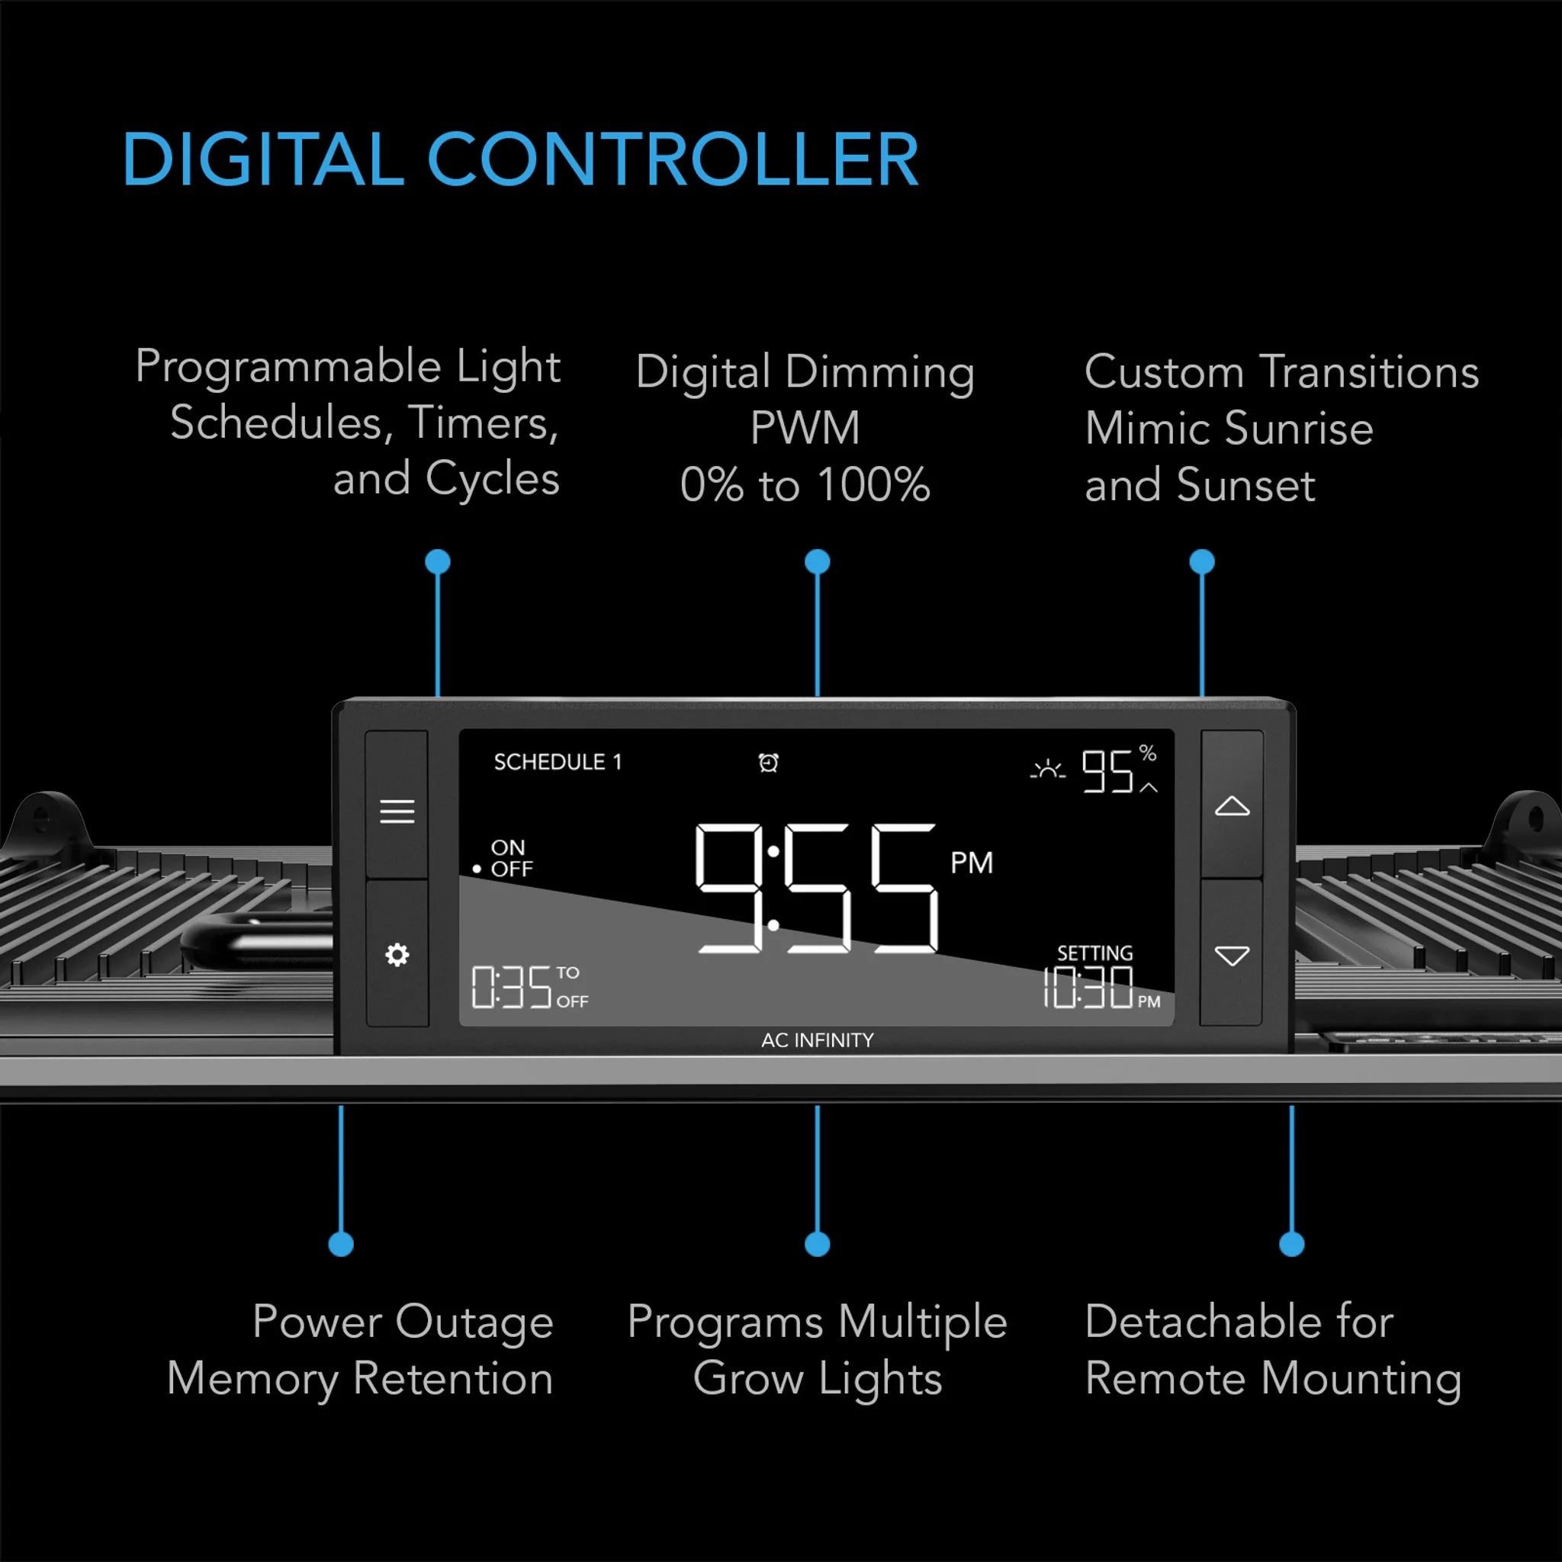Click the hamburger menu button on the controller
(x=397, y=811)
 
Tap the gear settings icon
(x=397, y=955)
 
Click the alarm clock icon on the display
(x=769, y=763)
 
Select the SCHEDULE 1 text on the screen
(x=558, y=762)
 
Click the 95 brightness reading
(x=1107, y=771)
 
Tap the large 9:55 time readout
(x=817, y=888)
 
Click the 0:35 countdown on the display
(x=512, y=987)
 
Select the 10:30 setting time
(x=1088, y=987)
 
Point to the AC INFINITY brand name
(x=818, y=1040)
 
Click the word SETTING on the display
(x=1095, y=953)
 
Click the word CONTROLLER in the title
(x=673, y=159)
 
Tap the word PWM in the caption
(x=805, y=428)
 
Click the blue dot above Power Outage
(x=341, y=1244)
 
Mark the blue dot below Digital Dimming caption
(x=818, y=562)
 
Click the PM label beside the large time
(x=971, y=863)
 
